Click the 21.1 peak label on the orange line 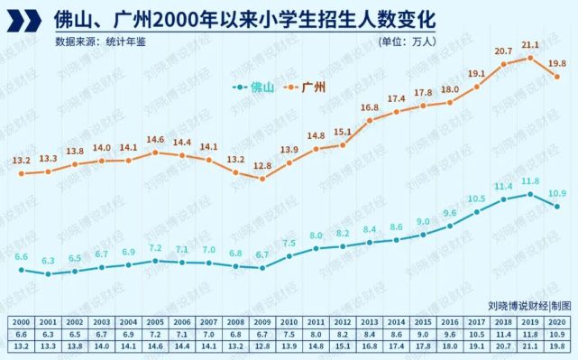coord(530,44)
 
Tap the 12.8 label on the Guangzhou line coord(262,166)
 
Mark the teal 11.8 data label coord(530,181)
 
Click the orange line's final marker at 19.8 coord(558,77)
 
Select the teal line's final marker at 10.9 coord(558,207)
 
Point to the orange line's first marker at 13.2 coord(20,173)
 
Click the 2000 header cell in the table coord(20,322)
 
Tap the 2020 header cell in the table coord(557,322)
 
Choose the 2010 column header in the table coord(289,322)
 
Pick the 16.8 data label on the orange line coord(370,107)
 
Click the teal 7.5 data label coord(289,243)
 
